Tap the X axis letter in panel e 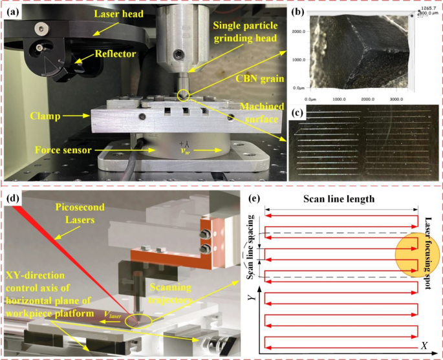tap(423, 346)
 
